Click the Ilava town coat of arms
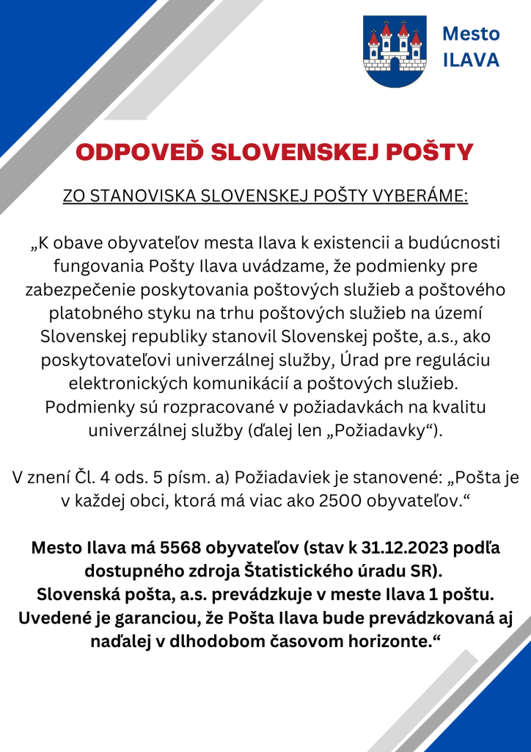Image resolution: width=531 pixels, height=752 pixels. (x=395, y=51)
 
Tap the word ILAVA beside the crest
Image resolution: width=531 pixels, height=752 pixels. (x=472, y=60)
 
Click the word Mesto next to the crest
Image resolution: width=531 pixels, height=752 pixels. (x=472, y=34)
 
